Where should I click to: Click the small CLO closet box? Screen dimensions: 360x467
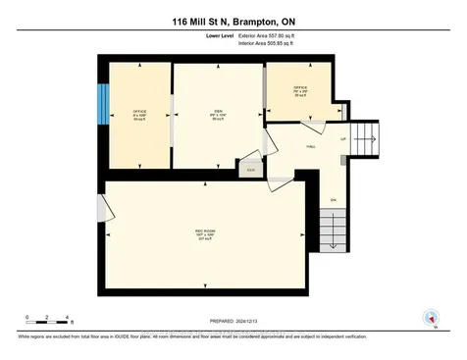[250, 169]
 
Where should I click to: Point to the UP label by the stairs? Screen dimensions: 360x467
[342, 138]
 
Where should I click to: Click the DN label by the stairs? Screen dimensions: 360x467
[333, 200]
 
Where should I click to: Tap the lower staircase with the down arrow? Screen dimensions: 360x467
[335, 232]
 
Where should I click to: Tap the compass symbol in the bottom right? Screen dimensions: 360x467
[428, 317]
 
